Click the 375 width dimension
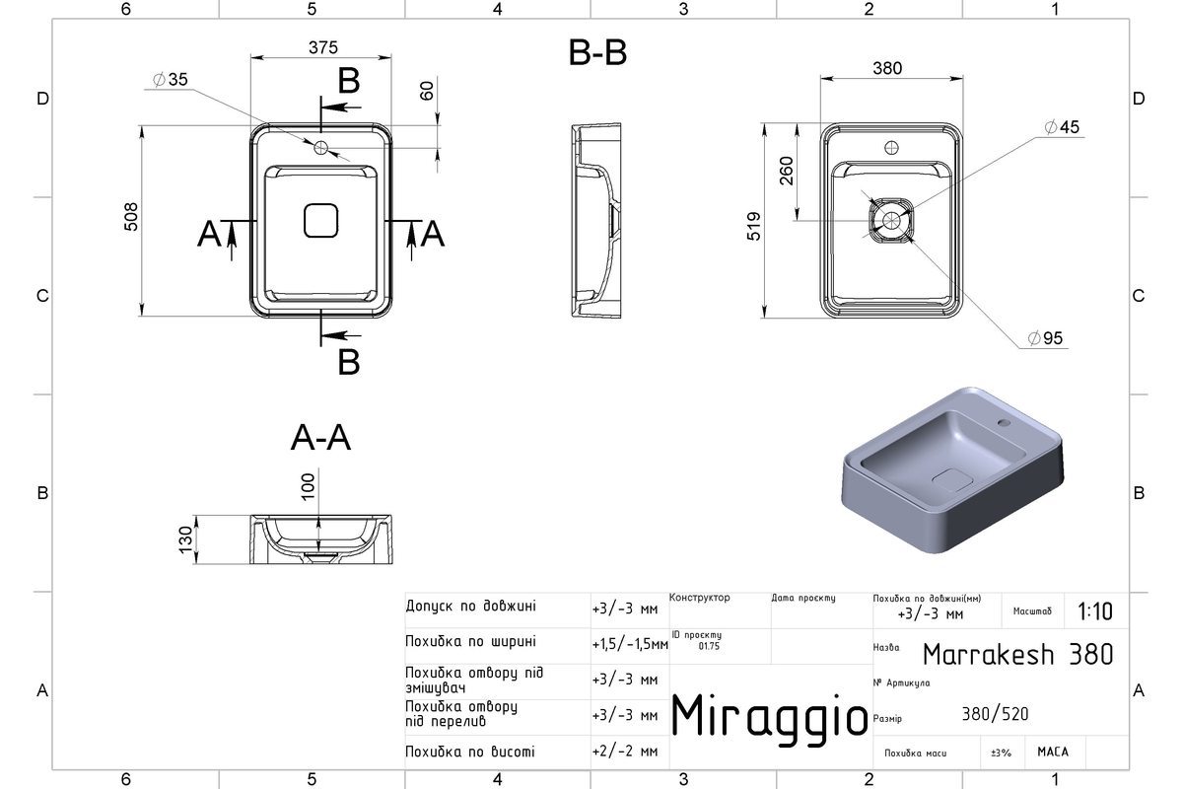[x=322, y=47]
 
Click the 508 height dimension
[x=131, y=217]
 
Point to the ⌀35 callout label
[x=170, y=79]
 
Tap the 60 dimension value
[x=427, y=91]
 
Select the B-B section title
[x=597, y=53]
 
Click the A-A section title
[x=320, y=438]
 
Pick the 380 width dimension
[x=887, y=68]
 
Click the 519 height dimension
[x=753, y=226]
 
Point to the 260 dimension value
[x=787, y=171]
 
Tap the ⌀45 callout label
[x=1062, y=127]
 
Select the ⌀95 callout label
[x=1045, y=338]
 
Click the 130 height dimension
[x=186, y=539]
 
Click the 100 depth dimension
[x=308, y=486]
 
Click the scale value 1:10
[x=1095, y=611]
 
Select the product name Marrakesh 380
[x=1018, y=654]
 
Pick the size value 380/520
[x=995, y=714]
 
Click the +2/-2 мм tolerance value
[x=625, y=752]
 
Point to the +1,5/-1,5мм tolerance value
[x=630, y=644]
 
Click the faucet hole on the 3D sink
[x=1004, y=423]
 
